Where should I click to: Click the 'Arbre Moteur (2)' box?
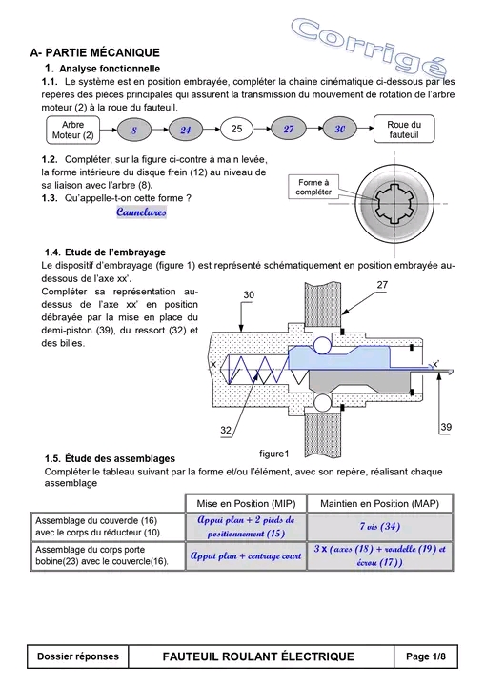coord(72,130)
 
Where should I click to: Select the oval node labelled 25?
coord(237,129)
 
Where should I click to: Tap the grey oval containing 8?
coord(134,130)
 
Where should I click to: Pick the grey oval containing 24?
coord(186,130)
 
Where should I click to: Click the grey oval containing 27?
coord(289,129)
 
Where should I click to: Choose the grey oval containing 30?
coord(339,129)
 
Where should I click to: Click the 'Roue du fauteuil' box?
coord(404,129)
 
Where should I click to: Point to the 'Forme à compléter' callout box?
coord(313,187)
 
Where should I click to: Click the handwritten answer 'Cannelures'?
coord(141,212)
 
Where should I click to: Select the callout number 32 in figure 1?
coord(226,430)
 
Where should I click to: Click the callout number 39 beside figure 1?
coord(446,427)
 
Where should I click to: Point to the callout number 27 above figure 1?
coord(382,285)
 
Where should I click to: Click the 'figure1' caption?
coord(274,454)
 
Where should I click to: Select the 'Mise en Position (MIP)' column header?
coord(246,504)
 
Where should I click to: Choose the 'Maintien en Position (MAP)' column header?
coord(380,504)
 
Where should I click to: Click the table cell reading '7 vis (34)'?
coord(380,527)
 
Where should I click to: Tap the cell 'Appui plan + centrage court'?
coord(246,556)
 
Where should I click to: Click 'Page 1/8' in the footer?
coord(426,656)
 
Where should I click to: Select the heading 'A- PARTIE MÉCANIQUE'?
coord(95,53)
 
